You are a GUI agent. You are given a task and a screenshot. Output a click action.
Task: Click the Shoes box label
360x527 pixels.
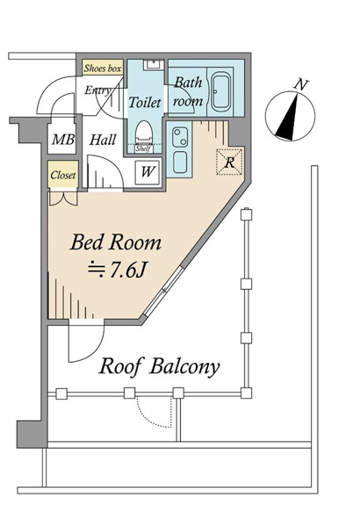pyautogui.click(x=103, y=69)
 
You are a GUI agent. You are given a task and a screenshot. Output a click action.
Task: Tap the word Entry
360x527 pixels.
pyautogui.click(x=97, y=90)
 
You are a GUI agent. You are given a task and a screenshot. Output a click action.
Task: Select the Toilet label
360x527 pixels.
pyautogui.click(x=145, y=102)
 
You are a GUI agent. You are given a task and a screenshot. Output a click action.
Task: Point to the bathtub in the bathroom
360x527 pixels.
pyautogui.click(x=220, y=91)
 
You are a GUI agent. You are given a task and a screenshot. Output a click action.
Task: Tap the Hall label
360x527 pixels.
pyautogui.click(x=103, y=140)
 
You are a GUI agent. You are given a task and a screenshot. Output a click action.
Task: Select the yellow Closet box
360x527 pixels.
pyautogui.click(x=63, y=175)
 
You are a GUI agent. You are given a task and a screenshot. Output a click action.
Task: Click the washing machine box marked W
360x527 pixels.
pyautogui.click(x=148, y=172)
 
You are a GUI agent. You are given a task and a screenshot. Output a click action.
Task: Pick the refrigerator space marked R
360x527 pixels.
pyautogui.click(x=229, y=162)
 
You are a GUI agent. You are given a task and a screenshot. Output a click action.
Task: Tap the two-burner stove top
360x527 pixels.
pyautogui.click(x=180, y=137)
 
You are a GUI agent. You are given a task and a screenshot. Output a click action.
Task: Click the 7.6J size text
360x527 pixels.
pyautogui.click(x=118, y=269)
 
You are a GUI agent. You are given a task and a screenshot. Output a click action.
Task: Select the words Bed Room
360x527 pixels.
pyautogui.click(x=116, y=242)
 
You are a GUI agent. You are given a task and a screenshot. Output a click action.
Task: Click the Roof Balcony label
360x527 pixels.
pyautogui.click(x=159, y=366)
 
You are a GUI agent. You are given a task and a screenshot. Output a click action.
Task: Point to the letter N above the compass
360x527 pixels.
pyautogui.click(x=300, y=84)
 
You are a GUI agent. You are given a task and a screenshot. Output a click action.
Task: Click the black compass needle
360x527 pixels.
pyautogui.click(x=287, y=118)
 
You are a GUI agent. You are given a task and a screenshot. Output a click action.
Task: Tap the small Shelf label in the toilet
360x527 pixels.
pyautogui.click(x=143, y=149)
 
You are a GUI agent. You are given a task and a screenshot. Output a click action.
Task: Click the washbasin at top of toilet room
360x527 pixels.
pyautogui.click(x=154, y=64)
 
